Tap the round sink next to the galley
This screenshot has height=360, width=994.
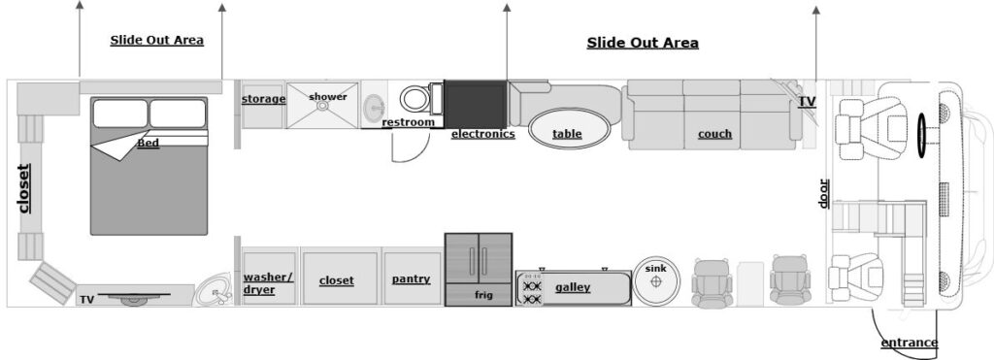point(656,280)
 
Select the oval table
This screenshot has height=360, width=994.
point(569,129)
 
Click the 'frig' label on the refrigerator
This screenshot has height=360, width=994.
point(483,295)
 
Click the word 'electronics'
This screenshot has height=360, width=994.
point(483,134)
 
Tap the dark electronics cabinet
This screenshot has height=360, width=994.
point(476,104)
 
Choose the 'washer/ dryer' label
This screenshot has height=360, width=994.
point(268,283)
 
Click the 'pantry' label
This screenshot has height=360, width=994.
point(411,278)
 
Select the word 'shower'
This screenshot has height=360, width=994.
point(328,97)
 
